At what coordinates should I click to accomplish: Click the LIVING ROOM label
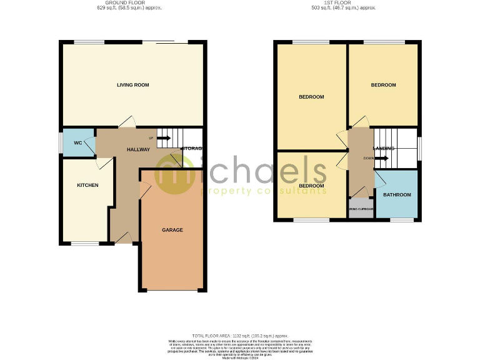click(x=132, y=85)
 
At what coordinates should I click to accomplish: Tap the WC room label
click(x=78, y=143)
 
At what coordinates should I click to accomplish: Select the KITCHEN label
click(x=87, y=185)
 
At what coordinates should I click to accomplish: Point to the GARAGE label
click(x=172, y=230)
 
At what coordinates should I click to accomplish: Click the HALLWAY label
click(x=138, y=150)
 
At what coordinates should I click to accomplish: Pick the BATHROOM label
click(x=397, y=195)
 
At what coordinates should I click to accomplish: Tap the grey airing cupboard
click(x=361, y=209)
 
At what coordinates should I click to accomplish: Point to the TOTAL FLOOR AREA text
click(x=240, y=335)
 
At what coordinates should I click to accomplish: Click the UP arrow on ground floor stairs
click(x=164, y=137)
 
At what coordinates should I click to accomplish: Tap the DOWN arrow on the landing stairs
click(x=381, y=158)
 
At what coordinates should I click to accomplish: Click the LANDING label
click(x=383, y=149)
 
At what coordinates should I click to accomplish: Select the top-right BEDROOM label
click(x=383, y=85)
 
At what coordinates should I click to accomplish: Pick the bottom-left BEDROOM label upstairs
click(x=311, y=186)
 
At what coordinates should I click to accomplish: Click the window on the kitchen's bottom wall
click(x=84, y=242)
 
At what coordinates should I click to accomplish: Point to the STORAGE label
click(x=191, y=149)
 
